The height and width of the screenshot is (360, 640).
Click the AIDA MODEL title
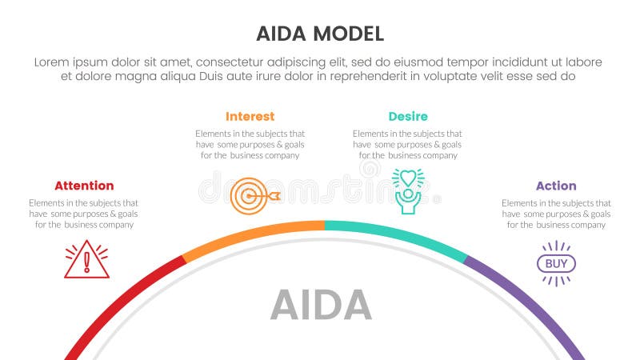point(320,34)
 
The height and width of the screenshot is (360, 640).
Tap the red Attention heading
point(84,186)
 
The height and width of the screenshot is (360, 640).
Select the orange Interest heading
point(250,116)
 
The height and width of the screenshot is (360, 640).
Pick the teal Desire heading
point(408,116)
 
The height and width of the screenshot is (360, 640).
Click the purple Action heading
point(556,186)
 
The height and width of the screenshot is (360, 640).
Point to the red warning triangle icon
point(86,260)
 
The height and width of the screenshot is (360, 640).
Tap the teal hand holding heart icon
point(407,190)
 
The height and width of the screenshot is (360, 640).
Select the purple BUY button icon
point(556,263)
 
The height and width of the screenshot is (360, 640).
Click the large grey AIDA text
point(321,305)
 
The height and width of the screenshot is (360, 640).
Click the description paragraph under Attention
point(84,214)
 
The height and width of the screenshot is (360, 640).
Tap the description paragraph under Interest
point(250,144)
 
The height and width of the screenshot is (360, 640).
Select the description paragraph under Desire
point(407,144)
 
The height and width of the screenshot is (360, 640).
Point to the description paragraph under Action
point(556,214)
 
